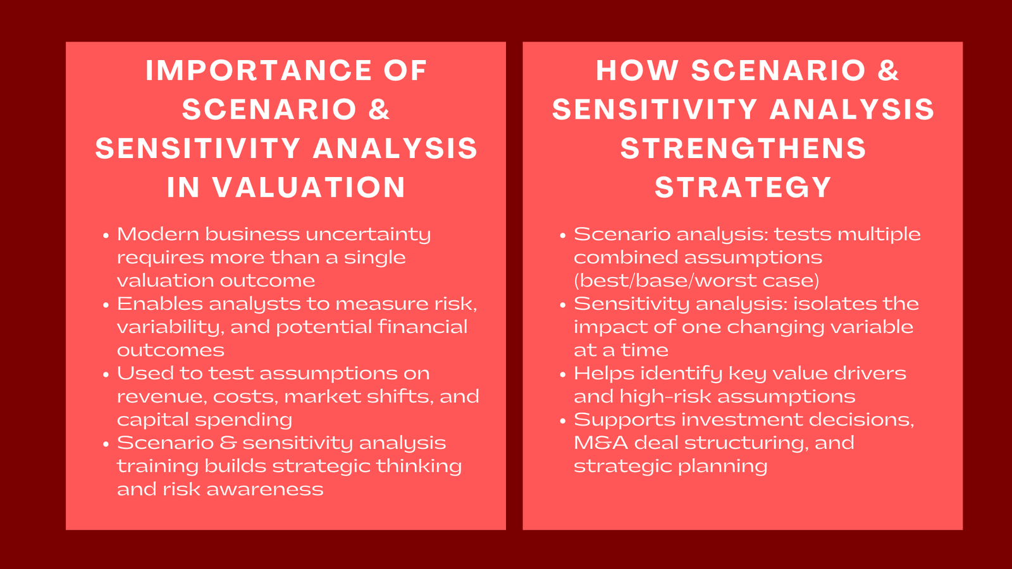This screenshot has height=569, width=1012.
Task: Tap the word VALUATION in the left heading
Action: (x=309, y=188)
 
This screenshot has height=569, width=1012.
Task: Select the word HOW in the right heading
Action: (x=637, y=71)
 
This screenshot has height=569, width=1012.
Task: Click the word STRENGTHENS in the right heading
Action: (x=743, y=149)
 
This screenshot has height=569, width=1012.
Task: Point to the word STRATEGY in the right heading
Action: (x=743, y=188)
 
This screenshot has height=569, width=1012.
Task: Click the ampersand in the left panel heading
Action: (x=379, y=110)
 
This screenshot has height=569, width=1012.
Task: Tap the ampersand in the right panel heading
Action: (x=888, y=71)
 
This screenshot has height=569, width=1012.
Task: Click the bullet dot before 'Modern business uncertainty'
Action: (x=106, y=236)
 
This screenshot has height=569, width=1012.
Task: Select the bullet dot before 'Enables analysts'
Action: (x=106, y=305)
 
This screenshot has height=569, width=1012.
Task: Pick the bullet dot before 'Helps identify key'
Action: (x=563, y=375)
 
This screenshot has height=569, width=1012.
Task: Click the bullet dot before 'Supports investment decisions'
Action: (x=563, y=421)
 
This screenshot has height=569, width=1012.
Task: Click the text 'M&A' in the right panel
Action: (x=601, y=443)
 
